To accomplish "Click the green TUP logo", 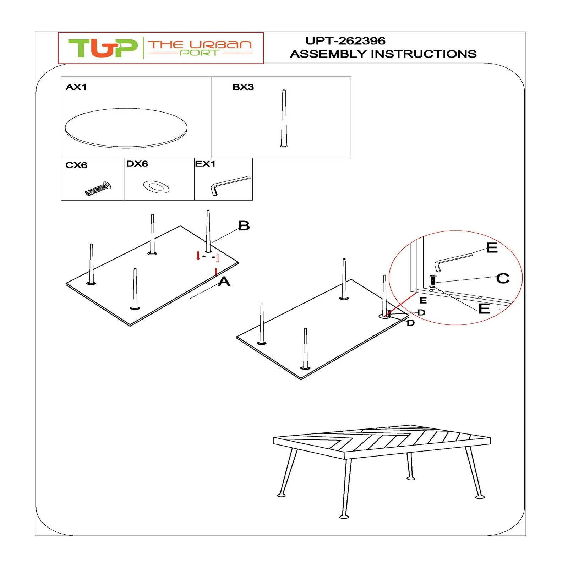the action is [103, 48].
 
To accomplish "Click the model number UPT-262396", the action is [345, 41].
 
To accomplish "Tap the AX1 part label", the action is [76, 87].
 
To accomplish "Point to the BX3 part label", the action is [243, 87].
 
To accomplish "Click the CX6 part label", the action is [76, 165].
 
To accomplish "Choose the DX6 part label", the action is [137, 164].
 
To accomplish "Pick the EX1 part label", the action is [205, 164].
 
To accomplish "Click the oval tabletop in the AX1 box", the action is [126, 128].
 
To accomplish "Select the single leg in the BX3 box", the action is [284, 118].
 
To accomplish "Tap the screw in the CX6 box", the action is [98, 189].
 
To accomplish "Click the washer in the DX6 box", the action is [156, 187].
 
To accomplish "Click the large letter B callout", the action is [244, 226].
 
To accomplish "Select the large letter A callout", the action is [224, 282].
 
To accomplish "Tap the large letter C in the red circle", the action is [503, 278].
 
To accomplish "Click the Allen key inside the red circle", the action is [453, 262].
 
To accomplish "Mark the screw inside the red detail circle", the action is [433, 279].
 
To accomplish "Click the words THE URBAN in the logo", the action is [200, 45].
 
